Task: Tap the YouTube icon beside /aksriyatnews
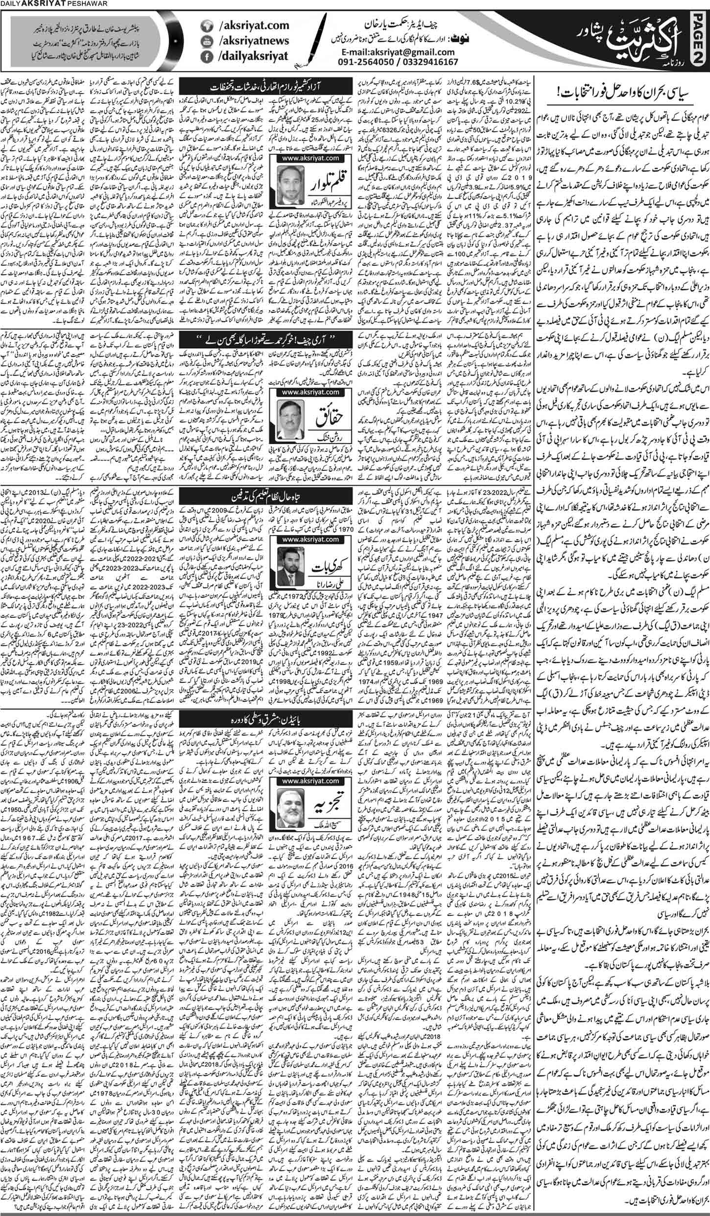206,43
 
